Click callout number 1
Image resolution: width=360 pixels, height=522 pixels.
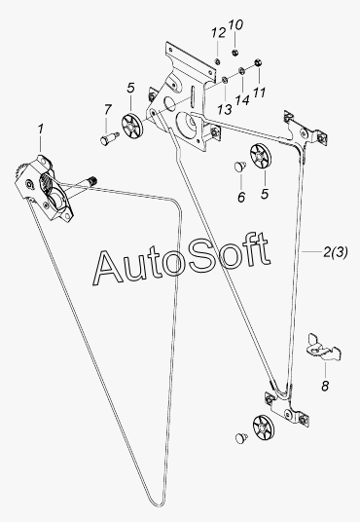tap(41, 130)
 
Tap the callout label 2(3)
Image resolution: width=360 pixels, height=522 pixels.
tap(336, 252)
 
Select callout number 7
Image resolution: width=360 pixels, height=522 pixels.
tap(107, 109)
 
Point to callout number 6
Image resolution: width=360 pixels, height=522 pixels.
tap(241, 197)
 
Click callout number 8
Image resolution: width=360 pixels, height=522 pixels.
tap(325, 386)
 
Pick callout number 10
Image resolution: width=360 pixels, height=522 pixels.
tap(235, 24)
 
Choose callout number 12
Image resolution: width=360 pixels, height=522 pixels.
tap(219, 33)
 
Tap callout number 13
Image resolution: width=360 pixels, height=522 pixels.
tap(225, 109)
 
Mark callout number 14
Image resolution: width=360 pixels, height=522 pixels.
tap(242, 99)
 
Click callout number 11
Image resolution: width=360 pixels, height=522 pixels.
tap(259, 93)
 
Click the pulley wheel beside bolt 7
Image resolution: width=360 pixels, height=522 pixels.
tap(132, 126)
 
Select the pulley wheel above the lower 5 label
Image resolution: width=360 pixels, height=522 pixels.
tap(260, 156)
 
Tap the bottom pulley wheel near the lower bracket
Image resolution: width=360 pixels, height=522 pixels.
tap(264, 427)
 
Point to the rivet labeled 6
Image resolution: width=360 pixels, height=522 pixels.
tap(239, 166)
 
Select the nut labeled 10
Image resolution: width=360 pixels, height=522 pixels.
tap(234, 52)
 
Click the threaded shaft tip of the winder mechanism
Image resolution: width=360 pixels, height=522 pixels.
tap(92, 180)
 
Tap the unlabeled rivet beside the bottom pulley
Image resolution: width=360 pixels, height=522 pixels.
tap(241, 437)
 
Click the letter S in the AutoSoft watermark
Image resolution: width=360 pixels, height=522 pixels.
tap(204, 257)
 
